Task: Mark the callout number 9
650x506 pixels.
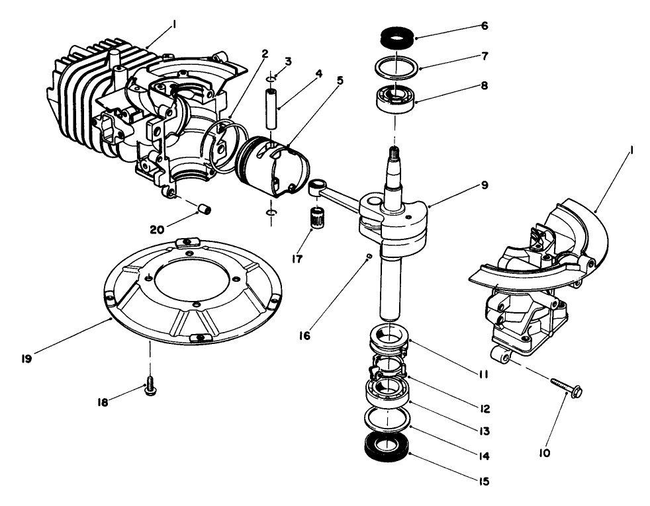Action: click(x=485, y=185)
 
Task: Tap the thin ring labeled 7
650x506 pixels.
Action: click(x=395, y=67)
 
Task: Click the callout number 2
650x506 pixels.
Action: click(x=263, y=54)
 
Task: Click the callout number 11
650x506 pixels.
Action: click(x=485, y=374)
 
